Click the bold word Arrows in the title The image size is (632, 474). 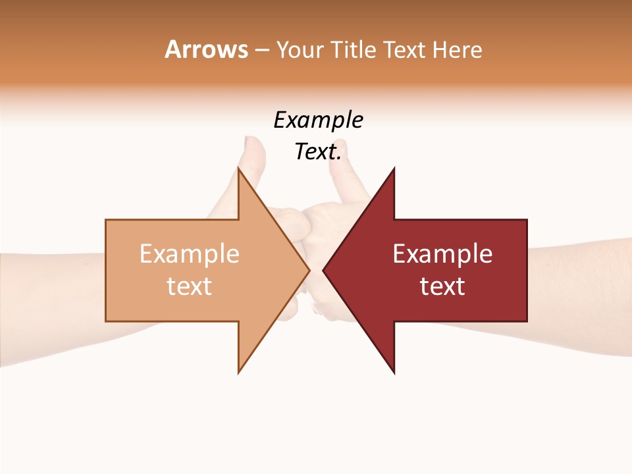coord(206,49)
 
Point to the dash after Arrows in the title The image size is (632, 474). coord(261,50)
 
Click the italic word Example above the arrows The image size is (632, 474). coord(318,120)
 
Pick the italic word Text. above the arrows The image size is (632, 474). coord(318,152)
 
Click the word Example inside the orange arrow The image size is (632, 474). coord(190,254)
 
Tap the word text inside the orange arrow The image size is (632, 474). coord(190,286)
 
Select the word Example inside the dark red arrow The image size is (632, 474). coord(442,254)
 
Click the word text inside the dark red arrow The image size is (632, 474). coord(442,286)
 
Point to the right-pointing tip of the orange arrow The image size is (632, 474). coord(309,270)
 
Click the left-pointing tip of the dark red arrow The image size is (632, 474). coord(323,270)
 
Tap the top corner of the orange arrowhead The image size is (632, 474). coord(238,169)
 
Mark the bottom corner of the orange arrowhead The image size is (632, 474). coord(238,372)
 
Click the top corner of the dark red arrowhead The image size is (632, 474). coord(394,169)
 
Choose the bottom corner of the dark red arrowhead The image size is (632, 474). coord(394,373)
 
